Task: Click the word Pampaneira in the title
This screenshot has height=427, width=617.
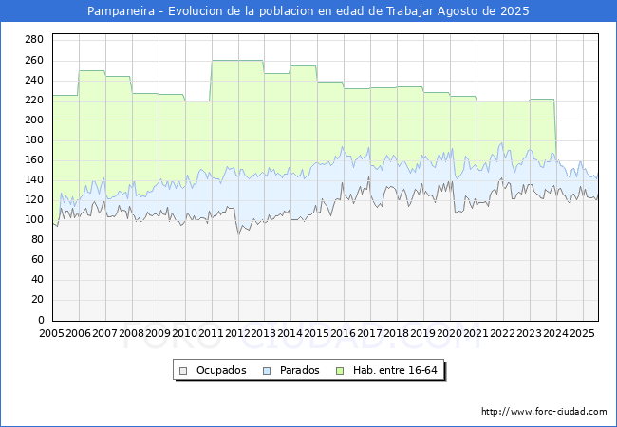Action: click(121, 11)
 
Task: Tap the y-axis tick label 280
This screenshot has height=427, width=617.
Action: click(34, 39)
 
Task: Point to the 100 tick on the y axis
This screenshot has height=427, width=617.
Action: click(34, 220)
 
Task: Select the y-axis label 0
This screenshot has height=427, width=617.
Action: click(41, 320)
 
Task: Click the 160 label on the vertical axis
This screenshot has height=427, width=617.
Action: click(34, 159)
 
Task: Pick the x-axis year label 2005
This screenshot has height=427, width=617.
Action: click(51, 333)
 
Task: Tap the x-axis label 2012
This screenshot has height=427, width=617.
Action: click(237, 333)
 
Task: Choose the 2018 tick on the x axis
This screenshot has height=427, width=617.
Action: click(396, 333)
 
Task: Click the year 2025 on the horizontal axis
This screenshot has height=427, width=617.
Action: click(582, 333)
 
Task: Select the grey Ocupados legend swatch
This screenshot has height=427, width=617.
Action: click(183, 371)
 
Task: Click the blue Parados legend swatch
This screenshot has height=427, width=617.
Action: click(267, 371)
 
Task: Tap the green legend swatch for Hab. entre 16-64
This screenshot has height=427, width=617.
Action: click(340, 371)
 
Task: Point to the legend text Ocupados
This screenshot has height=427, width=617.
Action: click(221, 370)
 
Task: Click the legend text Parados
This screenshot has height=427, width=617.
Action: click(299, 370)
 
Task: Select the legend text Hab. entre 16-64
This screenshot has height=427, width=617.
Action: click(395, 370)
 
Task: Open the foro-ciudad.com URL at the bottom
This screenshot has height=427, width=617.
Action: click(544, 412)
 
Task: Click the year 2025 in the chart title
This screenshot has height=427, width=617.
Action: click(514, 11)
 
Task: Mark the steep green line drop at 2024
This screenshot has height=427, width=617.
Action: click(555, 126)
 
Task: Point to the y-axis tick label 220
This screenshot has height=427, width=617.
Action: click(34, 100)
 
